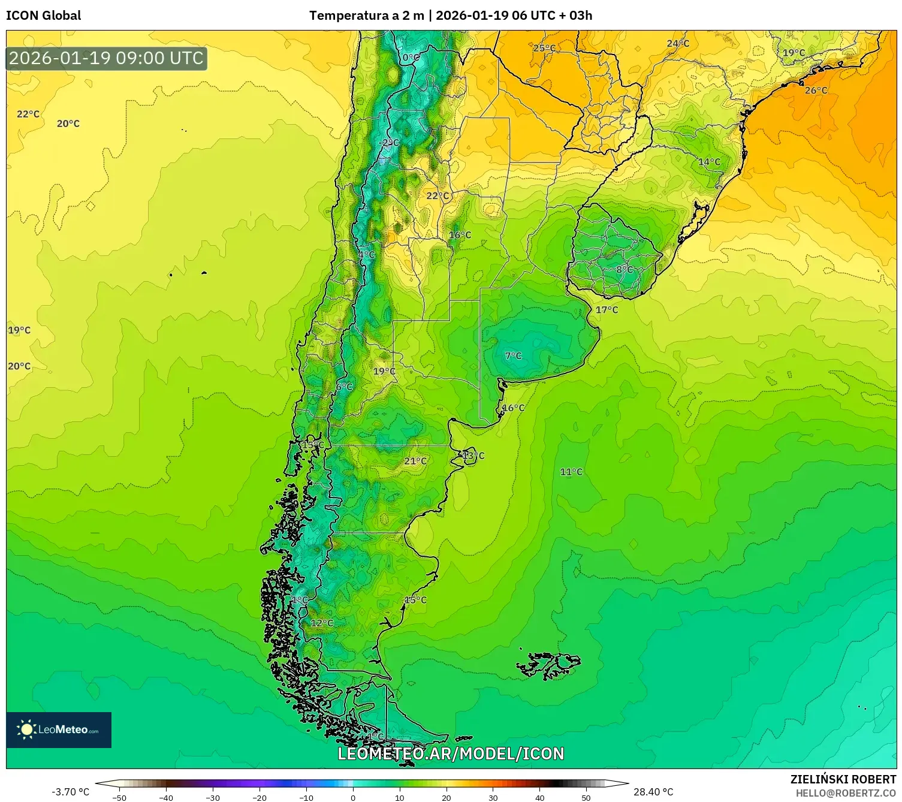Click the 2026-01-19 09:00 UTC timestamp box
point(106,58)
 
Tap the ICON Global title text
point(43,16)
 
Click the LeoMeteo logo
point(59,729)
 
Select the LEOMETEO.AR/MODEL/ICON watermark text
point(451,753)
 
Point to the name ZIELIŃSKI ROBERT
point(843,779)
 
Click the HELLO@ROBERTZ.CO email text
point(845,793)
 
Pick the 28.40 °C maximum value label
point(653,792)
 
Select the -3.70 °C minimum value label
point(70,792)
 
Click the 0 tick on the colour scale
point(353,797)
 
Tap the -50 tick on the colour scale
point(119,797)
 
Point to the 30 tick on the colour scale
point(493,797)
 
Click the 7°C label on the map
point(513,355)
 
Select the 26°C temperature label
point(816,91)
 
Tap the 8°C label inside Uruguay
point(625,270)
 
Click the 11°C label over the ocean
point(571,472)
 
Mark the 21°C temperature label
point(415,461)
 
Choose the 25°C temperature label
point(544,48)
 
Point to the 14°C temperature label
point(709,162)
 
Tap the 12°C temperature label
point(322,623)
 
